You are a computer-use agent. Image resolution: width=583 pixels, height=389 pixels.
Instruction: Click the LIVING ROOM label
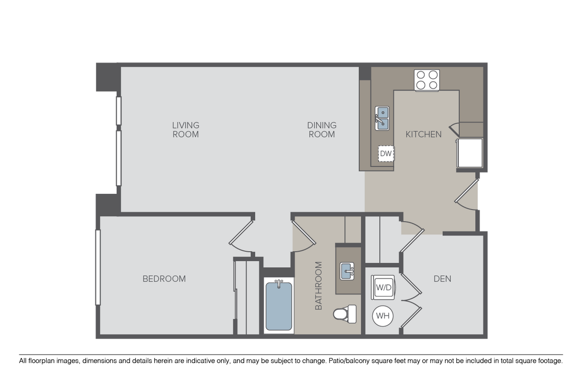(x=186, y=130)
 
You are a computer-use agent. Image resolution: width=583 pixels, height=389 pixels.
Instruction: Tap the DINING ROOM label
(x=322, y=130)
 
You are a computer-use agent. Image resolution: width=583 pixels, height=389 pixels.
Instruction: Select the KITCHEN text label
(x=424, y=135)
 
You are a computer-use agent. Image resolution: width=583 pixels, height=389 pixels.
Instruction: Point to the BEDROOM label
(x=164, y=279)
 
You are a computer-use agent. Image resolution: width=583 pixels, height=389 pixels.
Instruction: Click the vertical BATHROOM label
(x=319, y=286)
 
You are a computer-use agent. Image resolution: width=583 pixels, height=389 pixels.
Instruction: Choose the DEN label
(x=442, y=279)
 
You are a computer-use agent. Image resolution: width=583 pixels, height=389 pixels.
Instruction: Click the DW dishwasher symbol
(x=386, y=154)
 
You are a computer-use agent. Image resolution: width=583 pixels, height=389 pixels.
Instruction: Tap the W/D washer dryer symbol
(x=383, y=287)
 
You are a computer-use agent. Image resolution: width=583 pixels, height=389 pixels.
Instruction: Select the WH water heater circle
(x=383, y=316)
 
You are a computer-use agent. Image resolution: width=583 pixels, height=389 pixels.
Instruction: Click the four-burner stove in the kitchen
(x=427, y=80)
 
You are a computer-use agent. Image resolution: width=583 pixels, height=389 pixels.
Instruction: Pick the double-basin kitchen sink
(x=382, y=119)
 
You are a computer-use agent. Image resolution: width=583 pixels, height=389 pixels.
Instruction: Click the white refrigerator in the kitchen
(x=470, y=153)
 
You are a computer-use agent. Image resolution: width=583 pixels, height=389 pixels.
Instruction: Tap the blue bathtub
(x=279, y=306)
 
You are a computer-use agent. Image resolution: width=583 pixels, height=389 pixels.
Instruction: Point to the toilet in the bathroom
(x=345, y=314)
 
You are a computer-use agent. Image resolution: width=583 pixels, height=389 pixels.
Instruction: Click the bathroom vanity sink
(x=347, y=271)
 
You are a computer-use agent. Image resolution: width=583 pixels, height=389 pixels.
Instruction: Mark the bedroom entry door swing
(x=241, y=237)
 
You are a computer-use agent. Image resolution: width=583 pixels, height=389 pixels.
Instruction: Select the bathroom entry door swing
(x=304, y=237)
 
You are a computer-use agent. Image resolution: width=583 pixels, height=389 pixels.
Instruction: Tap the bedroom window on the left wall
(x=98, y=267)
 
